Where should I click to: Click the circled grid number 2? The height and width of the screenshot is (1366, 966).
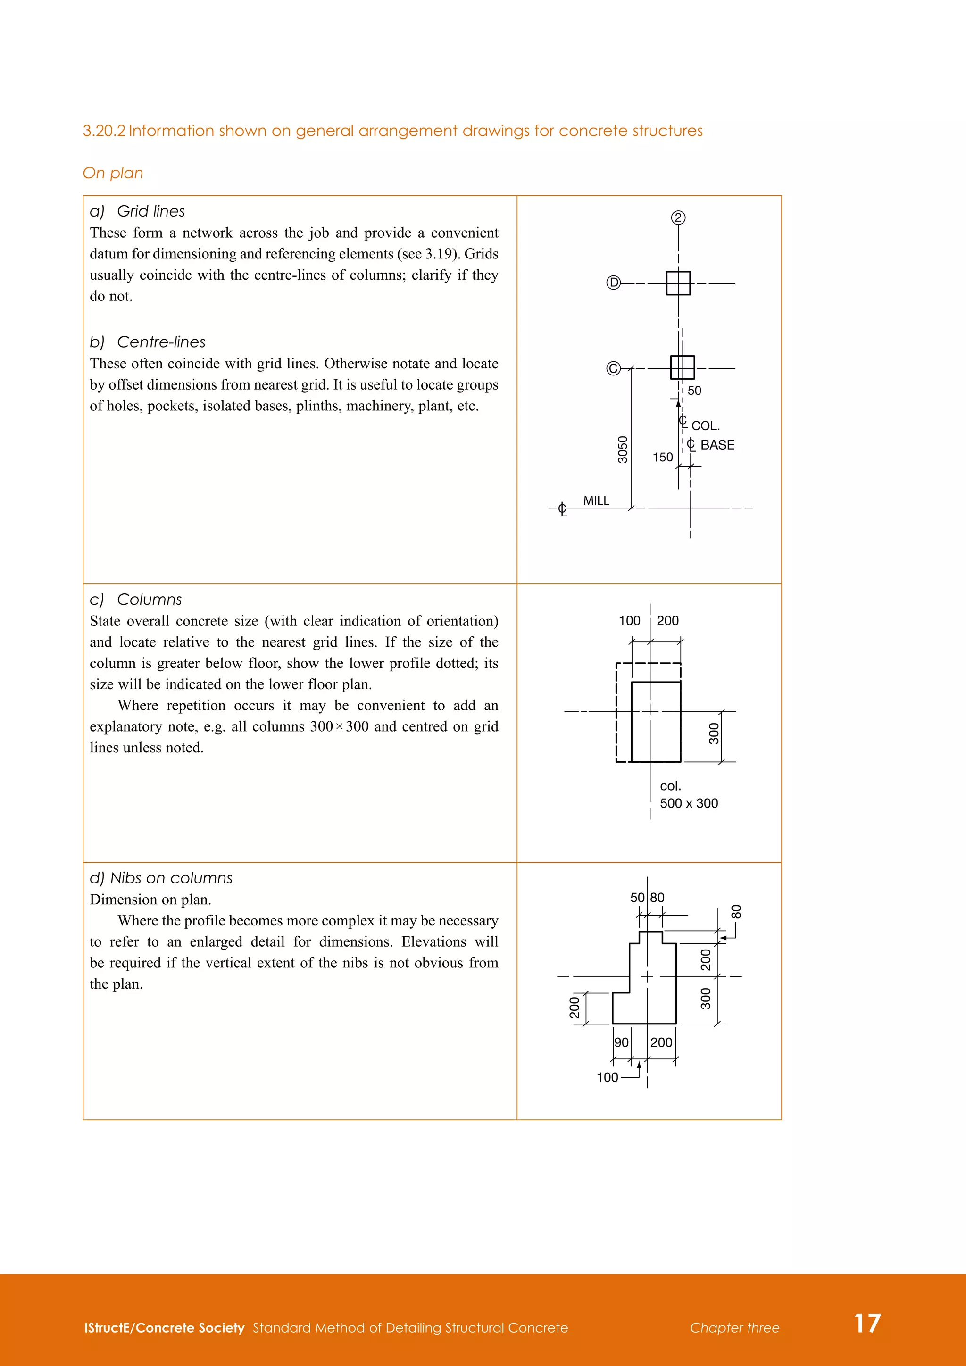(x=678, y=218)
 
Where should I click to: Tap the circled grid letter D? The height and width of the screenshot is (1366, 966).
(x=613, y=283)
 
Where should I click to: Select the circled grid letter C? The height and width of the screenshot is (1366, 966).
(x=613, y=369)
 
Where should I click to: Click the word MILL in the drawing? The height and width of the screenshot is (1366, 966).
(x=596, y=501)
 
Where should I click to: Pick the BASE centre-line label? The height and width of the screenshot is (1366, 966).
(x=717, y=445)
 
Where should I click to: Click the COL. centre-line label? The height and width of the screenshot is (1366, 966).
(x=705, y=426)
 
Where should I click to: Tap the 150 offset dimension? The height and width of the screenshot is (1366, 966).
(x=663, y=458)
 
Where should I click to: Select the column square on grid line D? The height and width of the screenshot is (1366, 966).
(x=678, y=283)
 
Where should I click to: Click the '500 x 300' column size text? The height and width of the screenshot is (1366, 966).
(x=689, y=803)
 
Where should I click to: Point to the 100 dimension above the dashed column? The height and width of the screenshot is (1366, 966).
(x=629, y=621)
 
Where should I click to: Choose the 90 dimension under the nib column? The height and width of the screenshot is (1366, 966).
(x=622, y=1042)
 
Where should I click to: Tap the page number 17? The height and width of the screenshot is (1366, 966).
(x=867, y=1323)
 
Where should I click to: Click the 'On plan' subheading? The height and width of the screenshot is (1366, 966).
(x=113, y=173)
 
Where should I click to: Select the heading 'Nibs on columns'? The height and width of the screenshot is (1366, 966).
(x=171, y=878)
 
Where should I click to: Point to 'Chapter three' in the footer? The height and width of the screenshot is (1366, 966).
(x=734, y=1328)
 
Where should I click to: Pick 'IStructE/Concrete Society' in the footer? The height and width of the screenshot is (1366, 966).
(x=164, y=1328)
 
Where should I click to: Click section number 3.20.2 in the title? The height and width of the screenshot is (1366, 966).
(x=104, y=131)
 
